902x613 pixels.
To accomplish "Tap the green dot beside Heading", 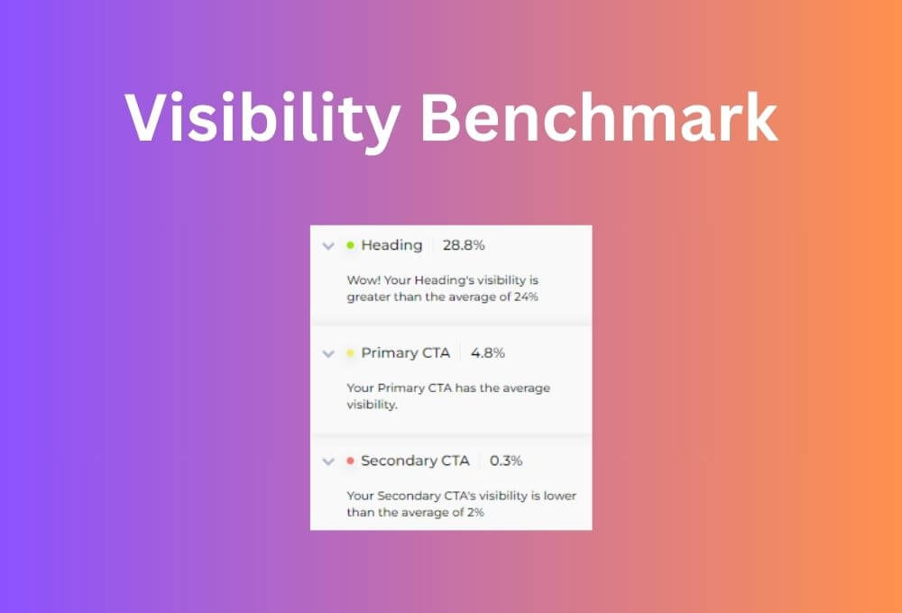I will [x=350, y=245].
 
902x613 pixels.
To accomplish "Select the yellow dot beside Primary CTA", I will [x=350, y=353].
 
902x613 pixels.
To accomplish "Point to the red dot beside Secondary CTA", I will [x=350, y=462].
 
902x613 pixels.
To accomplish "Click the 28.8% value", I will [x=464, y=245].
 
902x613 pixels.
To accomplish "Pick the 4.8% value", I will [x=488, y=353].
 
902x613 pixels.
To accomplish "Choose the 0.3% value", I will [x=506, y=462].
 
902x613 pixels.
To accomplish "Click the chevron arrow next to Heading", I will [x=328, y=246].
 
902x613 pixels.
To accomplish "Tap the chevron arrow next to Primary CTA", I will [x=328, y=354].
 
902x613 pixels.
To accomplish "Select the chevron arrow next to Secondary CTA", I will [x=328, y=462].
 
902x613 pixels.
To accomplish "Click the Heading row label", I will [x=391, y=245].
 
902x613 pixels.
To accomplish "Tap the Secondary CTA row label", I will [x=415, y=462].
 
